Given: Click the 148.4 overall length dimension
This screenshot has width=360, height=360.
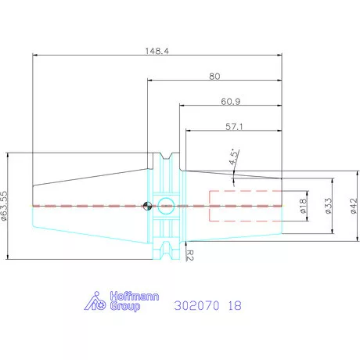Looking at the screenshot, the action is pyautogui.click(x=157, y=51).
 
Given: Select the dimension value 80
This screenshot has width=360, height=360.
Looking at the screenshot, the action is pyautogui.click(x=214, y=76).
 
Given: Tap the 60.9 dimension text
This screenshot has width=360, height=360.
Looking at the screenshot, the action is pyautogui.click(x=231, y=101).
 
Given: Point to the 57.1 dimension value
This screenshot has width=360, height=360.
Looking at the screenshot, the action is pyautogui.click(x=234, y=127).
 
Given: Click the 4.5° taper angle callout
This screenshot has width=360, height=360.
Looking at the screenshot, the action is pyautogui.click(x=234, y=157).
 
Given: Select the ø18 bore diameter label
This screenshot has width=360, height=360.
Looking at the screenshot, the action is pyautogui.click(x=303, y=206).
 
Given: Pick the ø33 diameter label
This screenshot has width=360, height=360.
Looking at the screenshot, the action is pyautogui.click(x=329, y=206).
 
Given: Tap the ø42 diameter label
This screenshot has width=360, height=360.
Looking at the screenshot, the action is pyautogui.click(x=354, y=206).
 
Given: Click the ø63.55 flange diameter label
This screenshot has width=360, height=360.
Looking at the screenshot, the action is pyautogui.click(x=5, y=206).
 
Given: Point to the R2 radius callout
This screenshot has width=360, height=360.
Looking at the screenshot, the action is pyautogui.click(x=190, y=255).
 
